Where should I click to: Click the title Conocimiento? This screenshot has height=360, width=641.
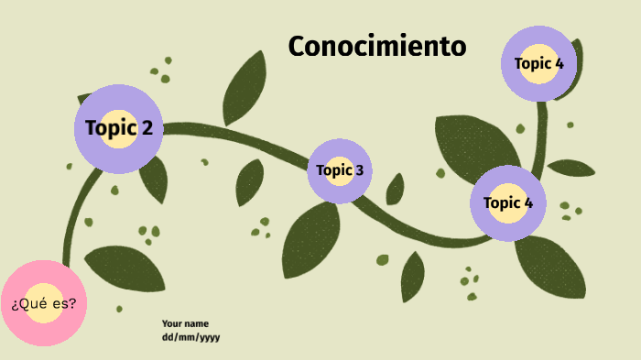[x=376, y=47]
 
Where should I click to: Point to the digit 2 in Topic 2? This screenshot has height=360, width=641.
[x=147, y=127]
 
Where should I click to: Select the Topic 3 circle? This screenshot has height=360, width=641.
[x=340, y=170]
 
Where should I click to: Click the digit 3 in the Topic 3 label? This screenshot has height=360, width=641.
[x=359, y=169]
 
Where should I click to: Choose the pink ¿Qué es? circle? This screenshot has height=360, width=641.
[x=44, y=303]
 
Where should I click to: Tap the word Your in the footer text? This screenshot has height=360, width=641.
[x=171, y=323]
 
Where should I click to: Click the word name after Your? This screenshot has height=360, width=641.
[x=196, y=323]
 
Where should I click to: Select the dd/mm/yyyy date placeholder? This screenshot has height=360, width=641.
[x=190, y=337]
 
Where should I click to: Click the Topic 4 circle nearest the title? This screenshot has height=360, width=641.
[x=538, y=63]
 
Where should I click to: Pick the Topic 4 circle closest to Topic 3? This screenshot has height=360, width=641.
[x=508, y=203]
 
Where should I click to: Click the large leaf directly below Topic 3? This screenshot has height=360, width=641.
[x=310, y=240]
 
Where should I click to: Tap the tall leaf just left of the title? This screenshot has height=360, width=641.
[x=244, y=90]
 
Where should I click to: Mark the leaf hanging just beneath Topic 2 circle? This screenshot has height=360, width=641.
[x=154, y=180]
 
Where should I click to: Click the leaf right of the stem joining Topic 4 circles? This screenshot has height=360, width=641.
[x=570, y=168]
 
